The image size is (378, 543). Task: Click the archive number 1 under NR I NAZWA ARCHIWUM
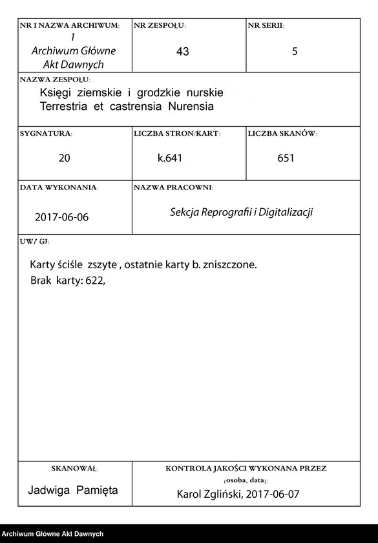(72, 37)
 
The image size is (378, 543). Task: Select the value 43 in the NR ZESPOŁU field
(183, 52)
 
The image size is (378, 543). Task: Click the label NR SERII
(266, 26)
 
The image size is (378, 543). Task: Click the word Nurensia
(191, 106)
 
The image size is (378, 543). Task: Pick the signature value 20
(65, 158)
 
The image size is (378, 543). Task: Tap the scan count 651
(286, 158)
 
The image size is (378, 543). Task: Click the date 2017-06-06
(62, 217)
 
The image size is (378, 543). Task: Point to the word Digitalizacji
(285, 212)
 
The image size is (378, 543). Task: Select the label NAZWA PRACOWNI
(173, 187)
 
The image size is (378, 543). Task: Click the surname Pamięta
(97, 490)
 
